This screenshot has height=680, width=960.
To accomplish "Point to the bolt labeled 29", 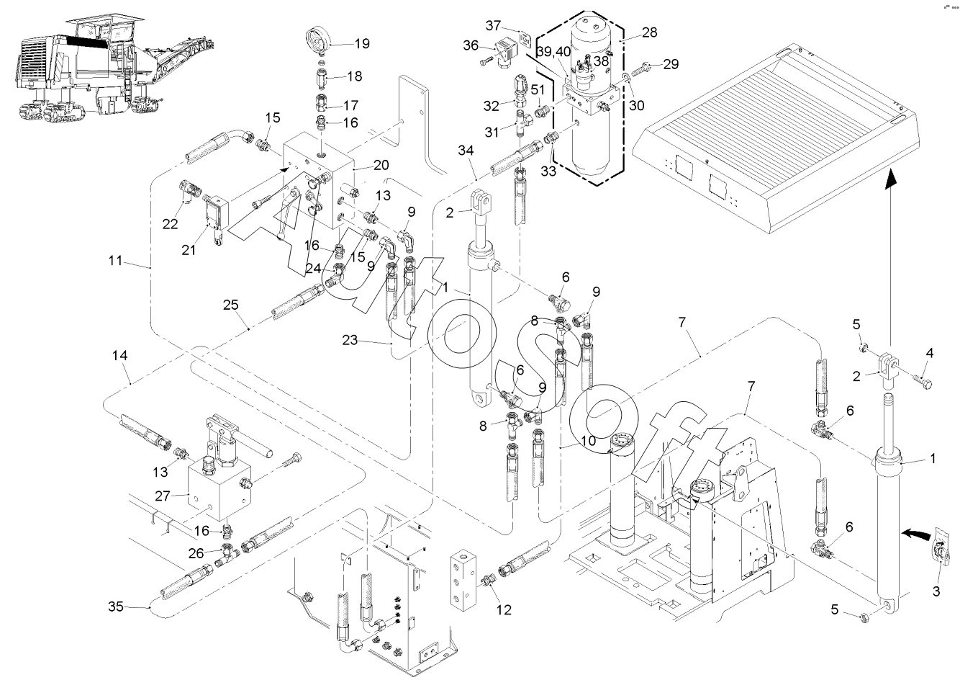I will tap(647, 66).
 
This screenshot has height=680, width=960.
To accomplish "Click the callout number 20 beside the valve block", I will tap(381, 164).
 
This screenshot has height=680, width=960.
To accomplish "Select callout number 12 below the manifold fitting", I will tap(503, 609).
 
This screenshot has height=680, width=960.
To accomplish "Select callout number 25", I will tap(230, 305).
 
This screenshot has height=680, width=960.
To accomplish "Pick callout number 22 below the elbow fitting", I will tap(170, 224).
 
